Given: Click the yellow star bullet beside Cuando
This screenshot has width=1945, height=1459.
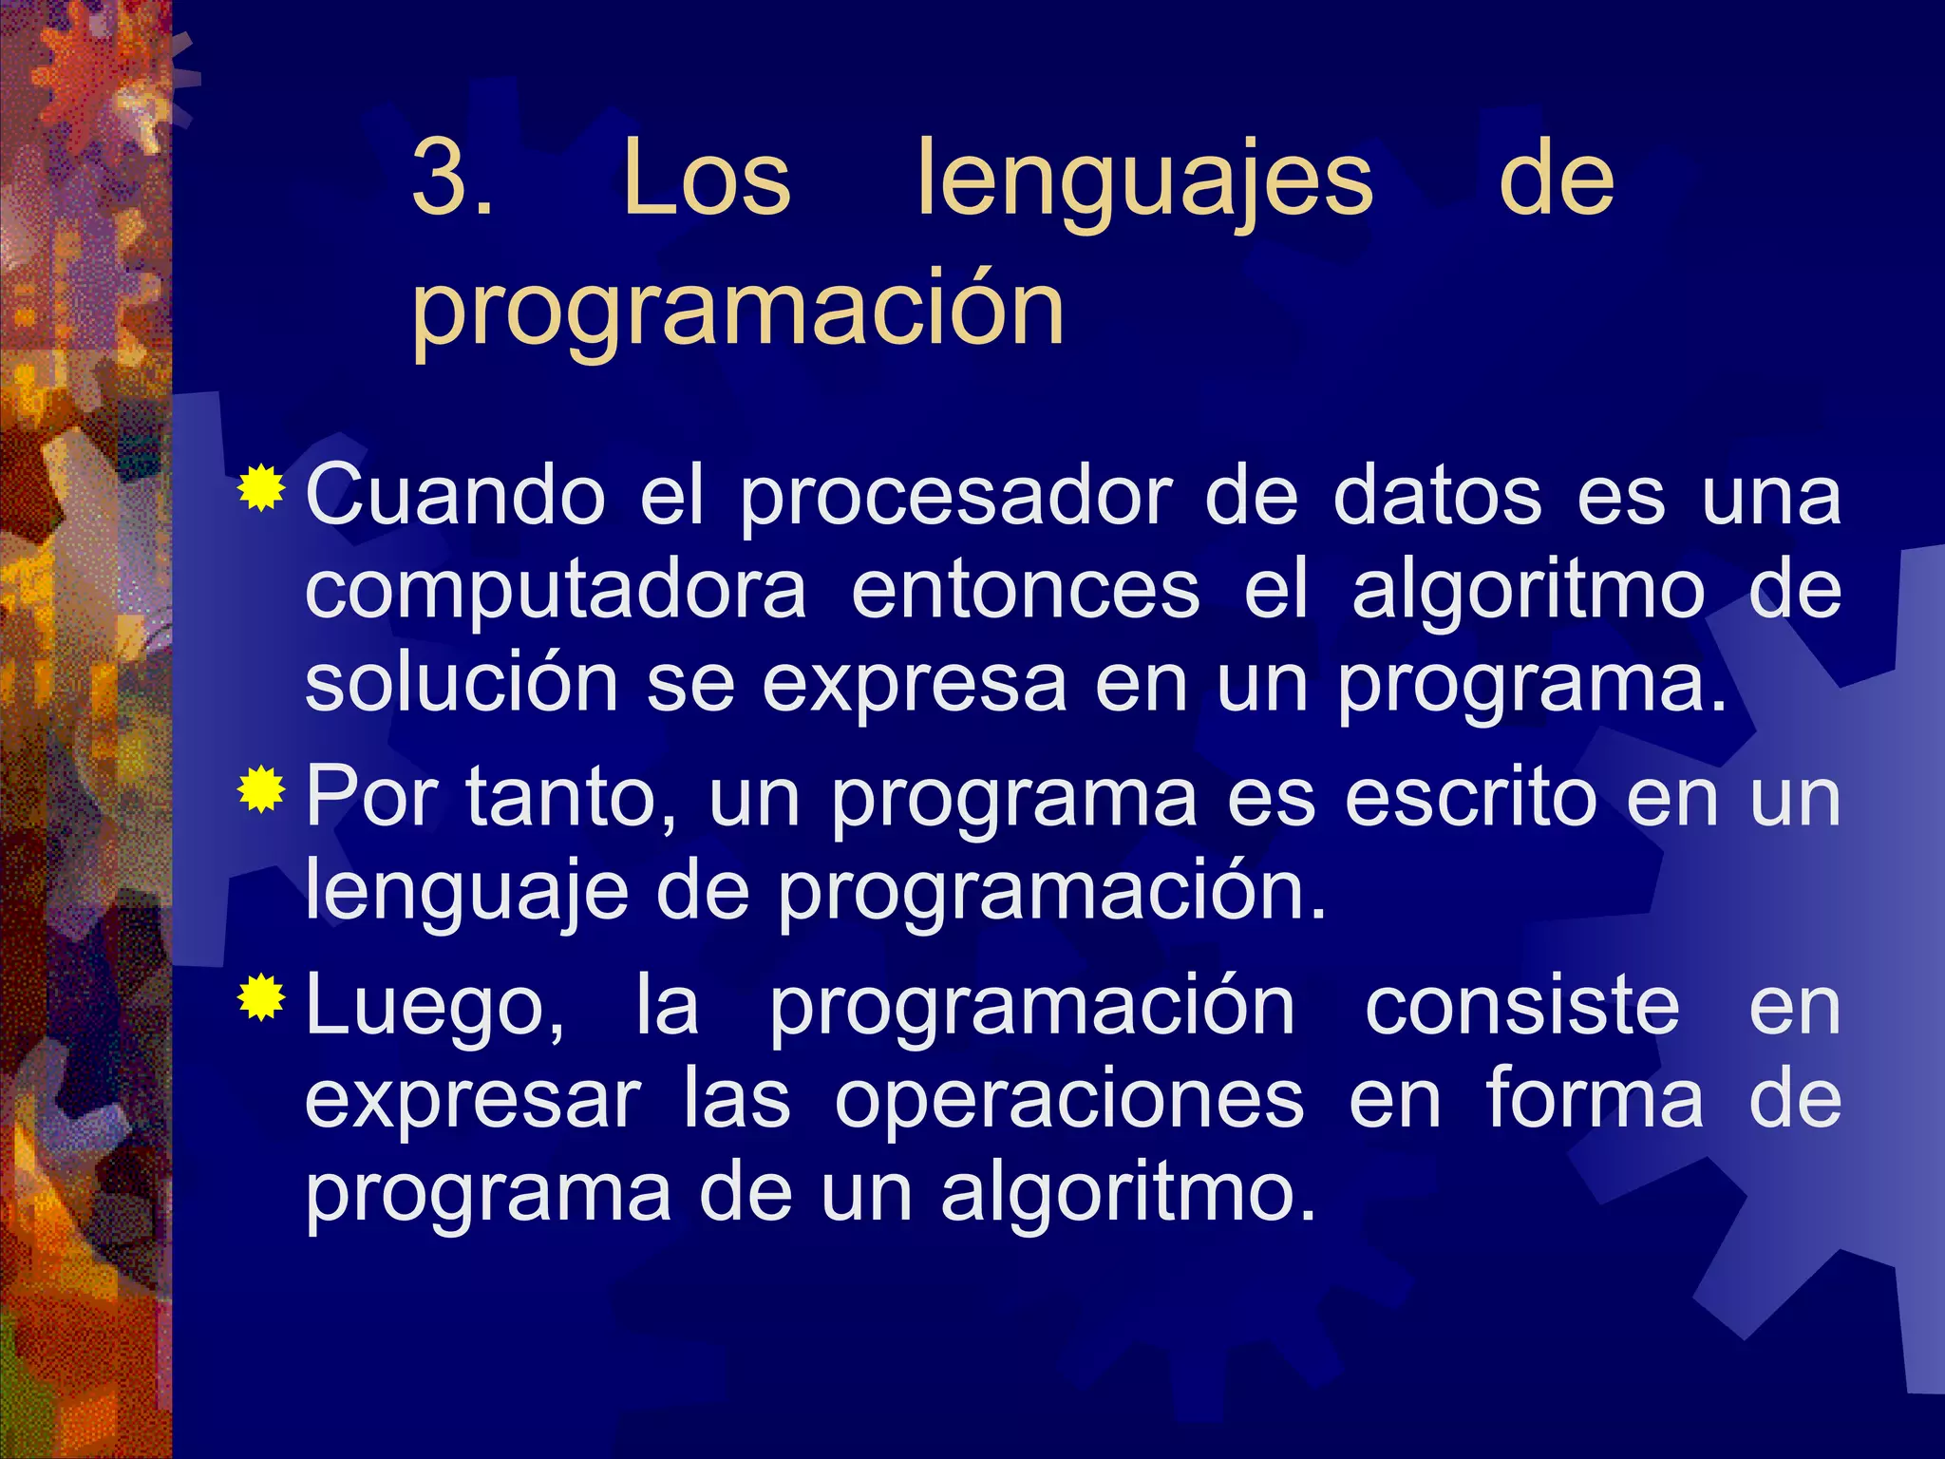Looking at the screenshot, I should [x=261, y=489].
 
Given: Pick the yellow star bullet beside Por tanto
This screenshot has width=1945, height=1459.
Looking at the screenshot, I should [x=261, y=790].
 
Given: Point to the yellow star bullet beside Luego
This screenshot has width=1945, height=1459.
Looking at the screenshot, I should [x=261, y=997].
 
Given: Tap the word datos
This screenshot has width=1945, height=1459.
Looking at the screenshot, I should [x=1437, y=496].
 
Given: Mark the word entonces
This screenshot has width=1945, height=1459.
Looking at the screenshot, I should [x=1026, y=591].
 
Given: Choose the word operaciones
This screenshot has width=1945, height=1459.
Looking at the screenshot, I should [x=1069, y=1100].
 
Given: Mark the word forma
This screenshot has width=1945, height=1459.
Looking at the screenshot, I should [x=1596, y=1098].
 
